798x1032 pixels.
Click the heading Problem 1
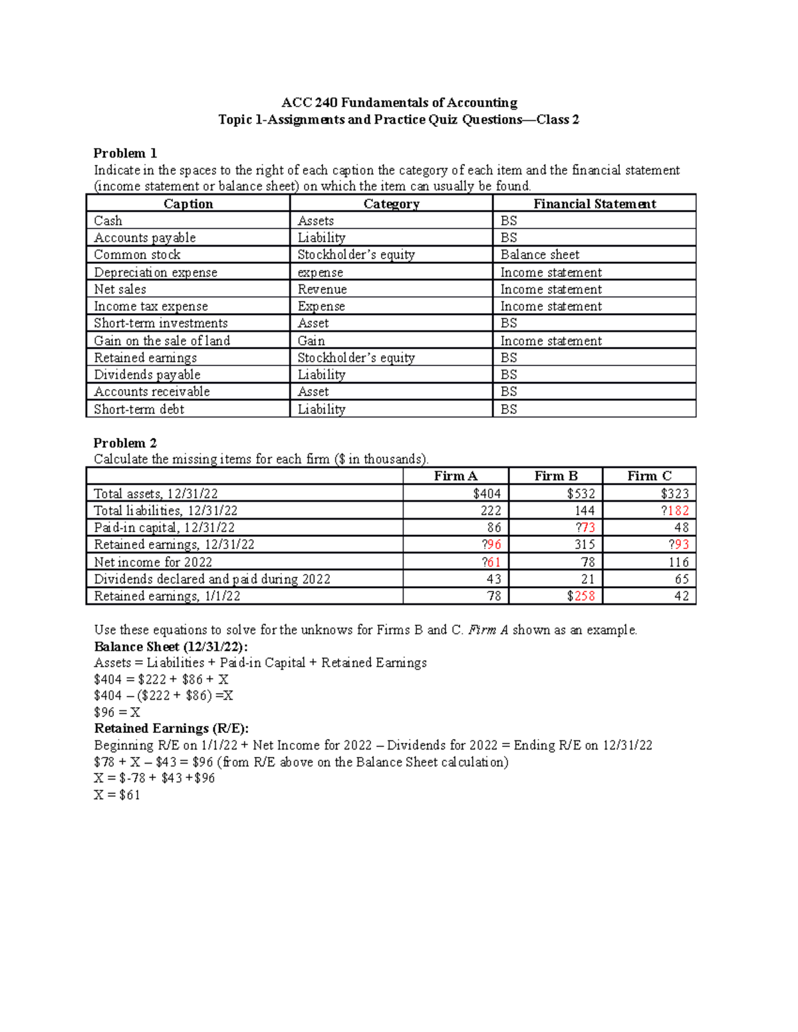[x=125, y=153]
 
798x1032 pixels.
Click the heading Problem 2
[x=125, y=443]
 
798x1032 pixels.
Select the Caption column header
[x=188, y=204]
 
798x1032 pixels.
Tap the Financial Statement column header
[x=595, y=204]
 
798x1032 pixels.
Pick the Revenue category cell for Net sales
[x=322, y=289]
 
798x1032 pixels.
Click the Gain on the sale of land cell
[x=162, y=341]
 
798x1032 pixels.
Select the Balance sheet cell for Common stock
[x=539, y=255]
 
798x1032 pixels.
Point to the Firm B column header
[x=556, y=476]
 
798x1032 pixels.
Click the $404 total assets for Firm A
[x=487, y=493]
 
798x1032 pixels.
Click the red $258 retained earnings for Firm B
[x=581, y=596]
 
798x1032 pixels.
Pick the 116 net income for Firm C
[x=678, y=562]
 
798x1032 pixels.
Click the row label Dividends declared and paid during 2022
[x=212, y=579]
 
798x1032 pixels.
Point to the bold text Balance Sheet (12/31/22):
[x=171, y=647]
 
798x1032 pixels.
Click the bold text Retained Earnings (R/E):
[x=172, y=728]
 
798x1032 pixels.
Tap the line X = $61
[x=117, y=795]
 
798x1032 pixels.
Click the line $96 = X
[x=117, y=712]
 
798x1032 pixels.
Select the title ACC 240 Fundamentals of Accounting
[x=399, y=102]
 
